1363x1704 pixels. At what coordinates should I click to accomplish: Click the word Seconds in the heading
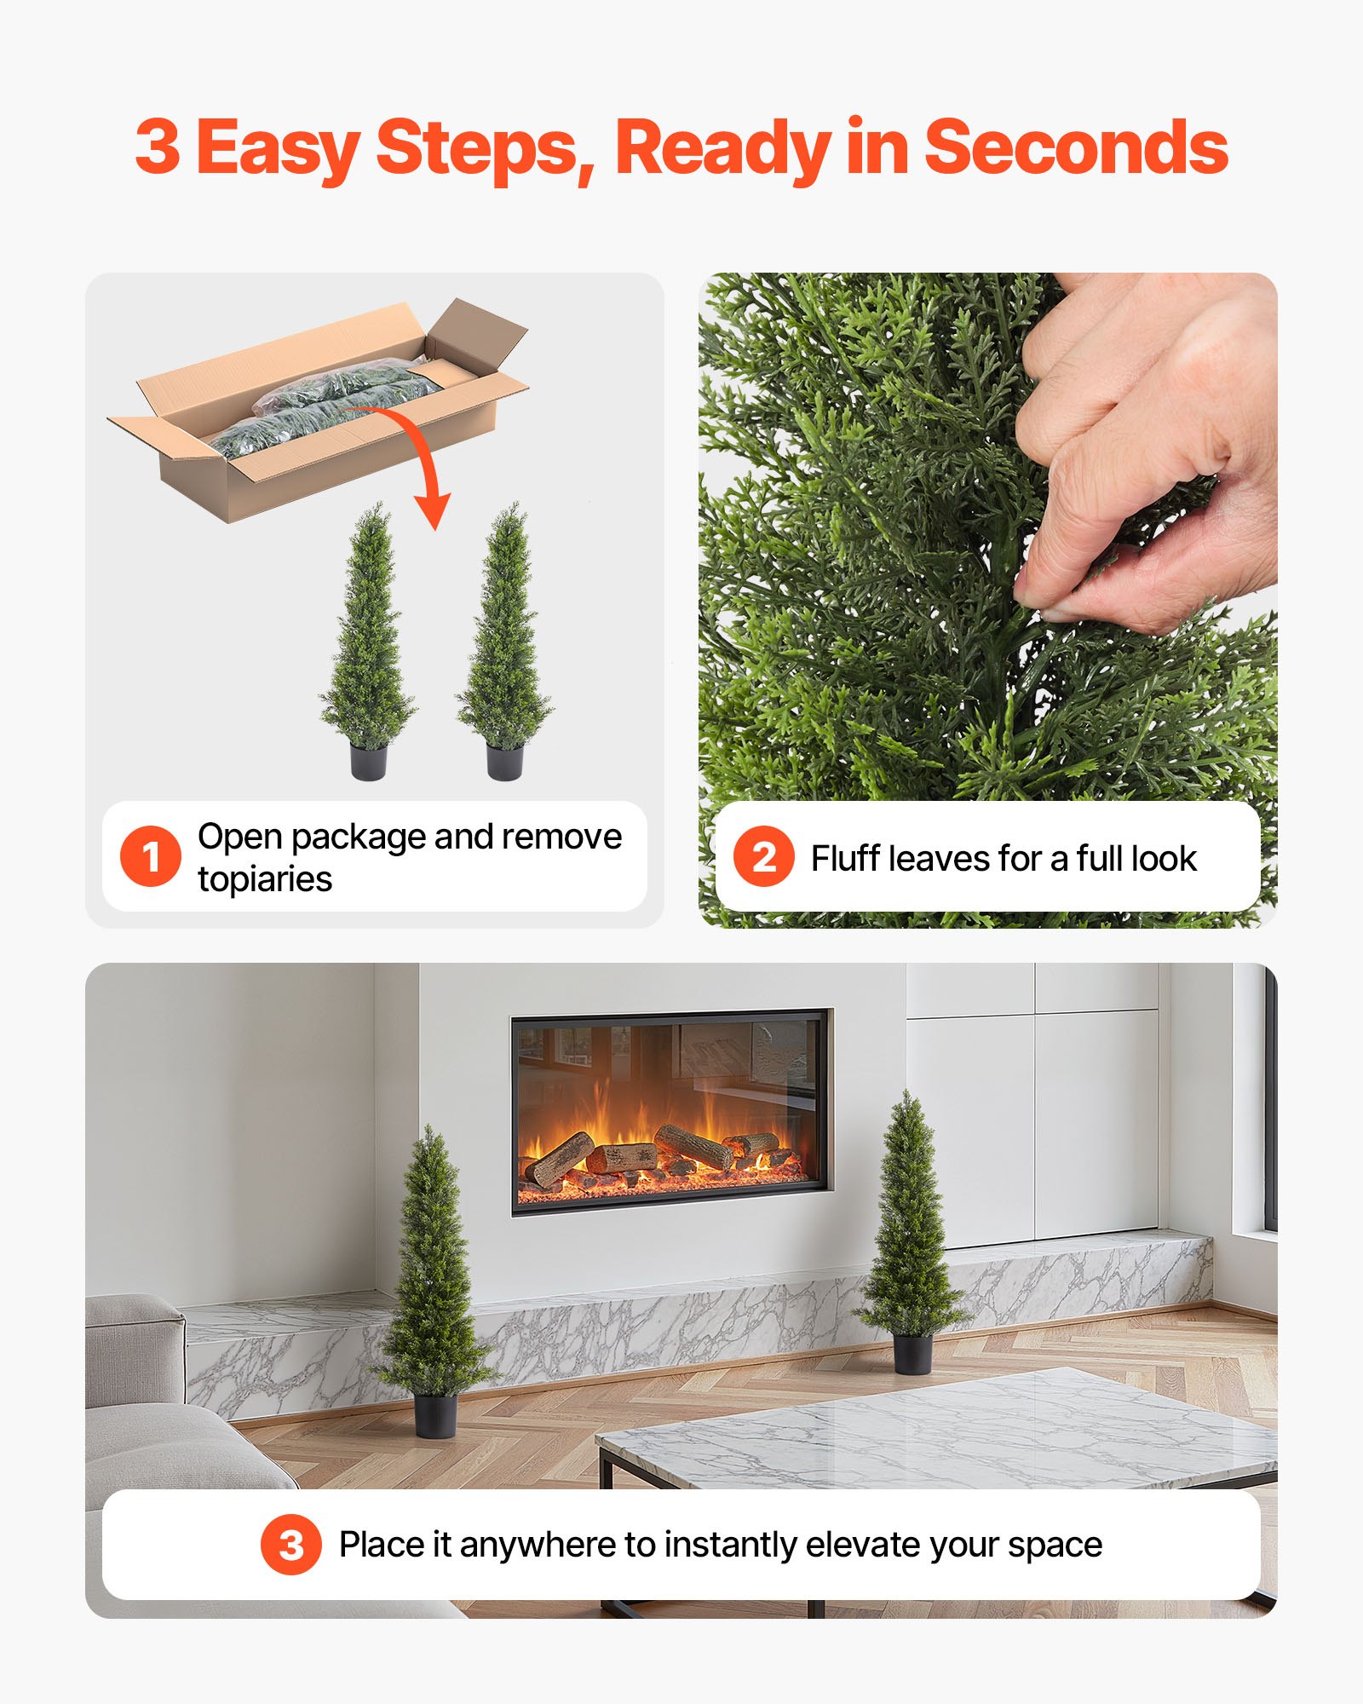click(1076, 148)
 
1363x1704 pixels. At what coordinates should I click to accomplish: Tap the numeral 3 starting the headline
click(158, 148)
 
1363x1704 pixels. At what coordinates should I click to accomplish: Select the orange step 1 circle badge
click(151, 856)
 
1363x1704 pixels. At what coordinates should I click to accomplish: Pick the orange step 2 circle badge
click(764, 856)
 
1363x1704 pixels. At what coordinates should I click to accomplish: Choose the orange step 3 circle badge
click(291, 1544)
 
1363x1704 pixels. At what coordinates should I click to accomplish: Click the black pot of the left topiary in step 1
click(368, 760)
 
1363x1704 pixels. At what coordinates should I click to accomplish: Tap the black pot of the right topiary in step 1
click(504, 760)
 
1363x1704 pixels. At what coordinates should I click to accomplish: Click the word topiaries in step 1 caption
click(265, 879)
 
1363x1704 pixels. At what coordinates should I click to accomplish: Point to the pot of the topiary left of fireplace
click(435, 1415)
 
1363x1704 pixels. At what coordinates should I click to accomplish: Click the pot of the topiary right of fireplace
click(912, 1354)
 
